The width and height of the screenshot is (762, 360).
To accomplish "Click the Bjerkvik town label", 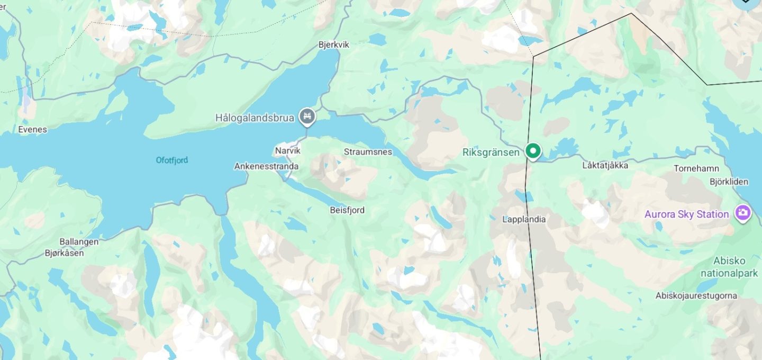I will pos(334,45).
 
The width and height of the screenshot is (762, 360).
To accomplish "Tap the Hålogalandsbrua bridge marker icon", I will pos(307,116).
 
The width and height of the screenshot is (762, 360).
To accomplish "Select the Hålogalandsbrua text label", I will pos(255,118).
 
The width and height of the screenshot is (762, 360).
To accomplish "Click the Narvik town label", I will pos(287,151).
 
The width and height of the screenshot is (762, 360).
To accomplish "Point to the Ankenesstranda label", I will pos(266,166).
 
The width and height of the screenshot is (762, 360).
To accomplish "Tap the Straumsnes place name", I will pos(368,152).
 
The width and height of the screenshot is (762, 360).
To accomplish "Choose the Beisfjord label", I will pos(347,210).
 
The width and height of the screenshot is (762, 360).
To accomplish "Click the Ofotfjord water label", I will pos(172,160).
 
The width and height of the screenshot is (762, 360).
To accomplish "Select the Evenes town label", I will pos(32,129).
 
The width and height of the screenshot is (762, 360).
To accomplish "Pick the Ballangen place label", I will pos(79,242).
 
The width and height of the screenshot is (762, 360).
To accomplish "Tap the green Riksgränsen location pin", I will pos(533,151).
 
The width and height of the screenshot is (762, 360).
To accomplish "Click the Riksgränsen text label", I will pos(491,152).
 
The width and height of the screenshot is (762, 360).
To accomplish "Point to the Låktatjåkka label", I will pos(605,165).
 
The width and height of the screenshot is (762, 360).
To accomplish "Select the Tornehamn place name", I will pos(696,169).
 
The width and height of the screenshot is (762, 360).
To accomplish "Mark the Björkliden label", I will pos(729,182).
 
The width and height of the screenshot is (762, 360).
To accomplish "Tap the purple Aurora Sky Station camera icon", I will pos(743,213).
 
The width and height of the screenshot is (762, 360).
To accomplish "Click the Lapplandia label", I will pos(524,219).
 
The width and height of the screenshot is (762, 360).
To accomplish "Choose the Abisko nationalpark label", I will pos(729,267).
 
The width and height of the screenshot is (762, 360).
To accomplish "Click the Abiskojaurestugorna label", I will pos(696,295).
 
